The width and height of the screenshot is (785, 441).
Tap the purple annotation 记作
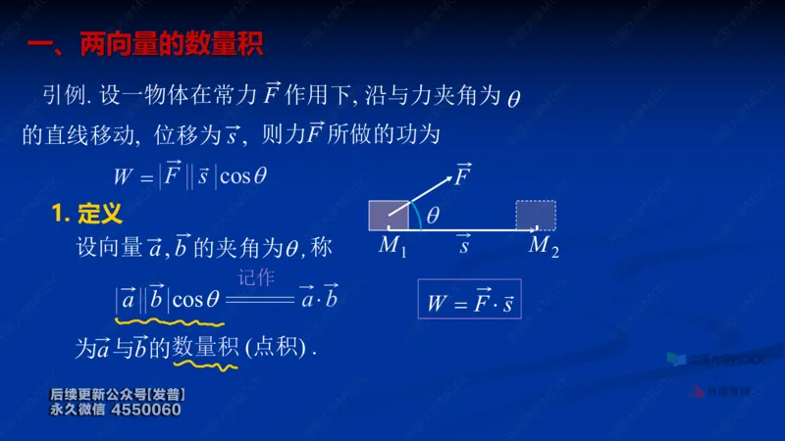click(257, 278)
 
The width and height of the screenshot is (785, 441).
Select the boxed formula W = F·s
click(470, 302)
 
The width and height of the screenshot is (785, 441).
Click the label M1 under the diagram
click(393, 247)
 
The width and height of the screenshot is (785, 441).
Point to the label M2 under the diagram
click(543, 247)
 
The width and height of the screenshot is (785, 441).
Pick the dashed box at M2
click(536, 215)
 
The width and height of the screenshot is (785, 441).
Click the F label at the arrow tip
click(462, 176)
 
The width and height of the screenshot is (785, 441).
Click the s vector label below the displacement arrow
click(464, 245)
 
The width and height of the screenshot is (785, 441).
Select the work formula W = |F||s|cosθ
click(190, 176)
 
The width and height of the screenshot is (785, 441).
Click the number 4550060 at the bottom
click(146, 410)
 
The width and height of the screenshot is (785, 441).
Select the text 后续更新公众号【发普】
click(118, 395)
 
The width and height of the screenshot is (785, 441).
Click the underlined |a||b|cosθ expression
click(168, 298)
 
